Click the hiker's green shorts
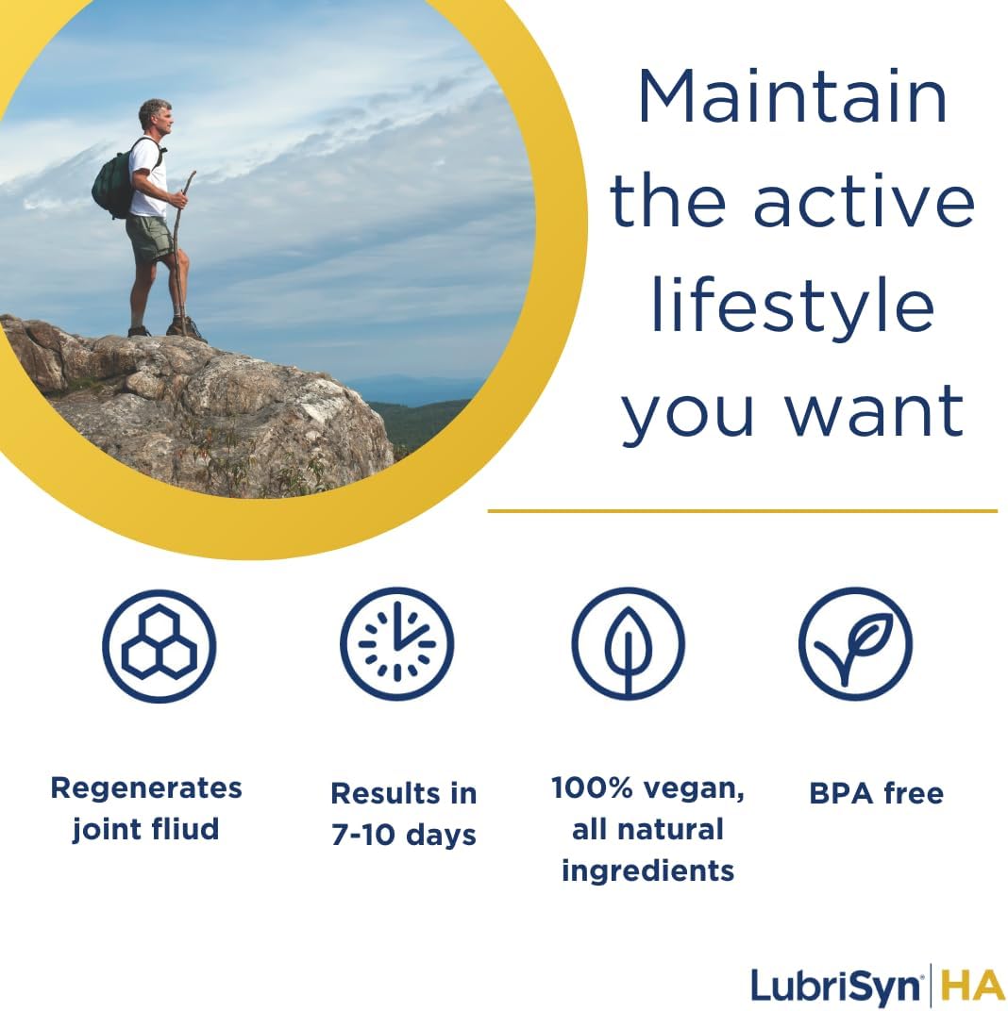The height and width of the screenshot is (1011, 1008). click(150, 239)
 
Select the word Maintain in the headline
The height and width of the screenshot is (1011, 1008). click(792, 97)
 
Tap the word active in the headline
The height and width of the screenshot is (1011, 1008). click(863, 202)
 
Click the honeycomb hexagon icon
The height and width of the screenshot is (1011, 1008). click(159, 646)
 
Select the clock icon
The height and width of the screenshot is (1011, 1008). click(396, 645)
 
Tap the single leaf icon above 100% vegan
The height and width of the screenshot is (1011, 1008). click(628, 644)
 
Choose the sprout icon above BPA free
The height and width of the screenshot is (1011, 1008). click(855, 644)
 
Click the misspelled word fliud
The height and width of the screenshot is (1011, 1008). click(183, 829)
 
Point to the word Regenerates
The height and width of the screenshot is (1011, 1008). click(146, 787)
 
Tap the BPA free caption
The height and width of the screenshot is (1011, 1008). click(876, 793)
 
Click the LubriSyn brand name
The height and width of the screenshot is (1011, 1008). click(834, 986)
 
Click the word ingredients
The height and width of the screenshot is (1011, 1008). click(647, 870)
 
